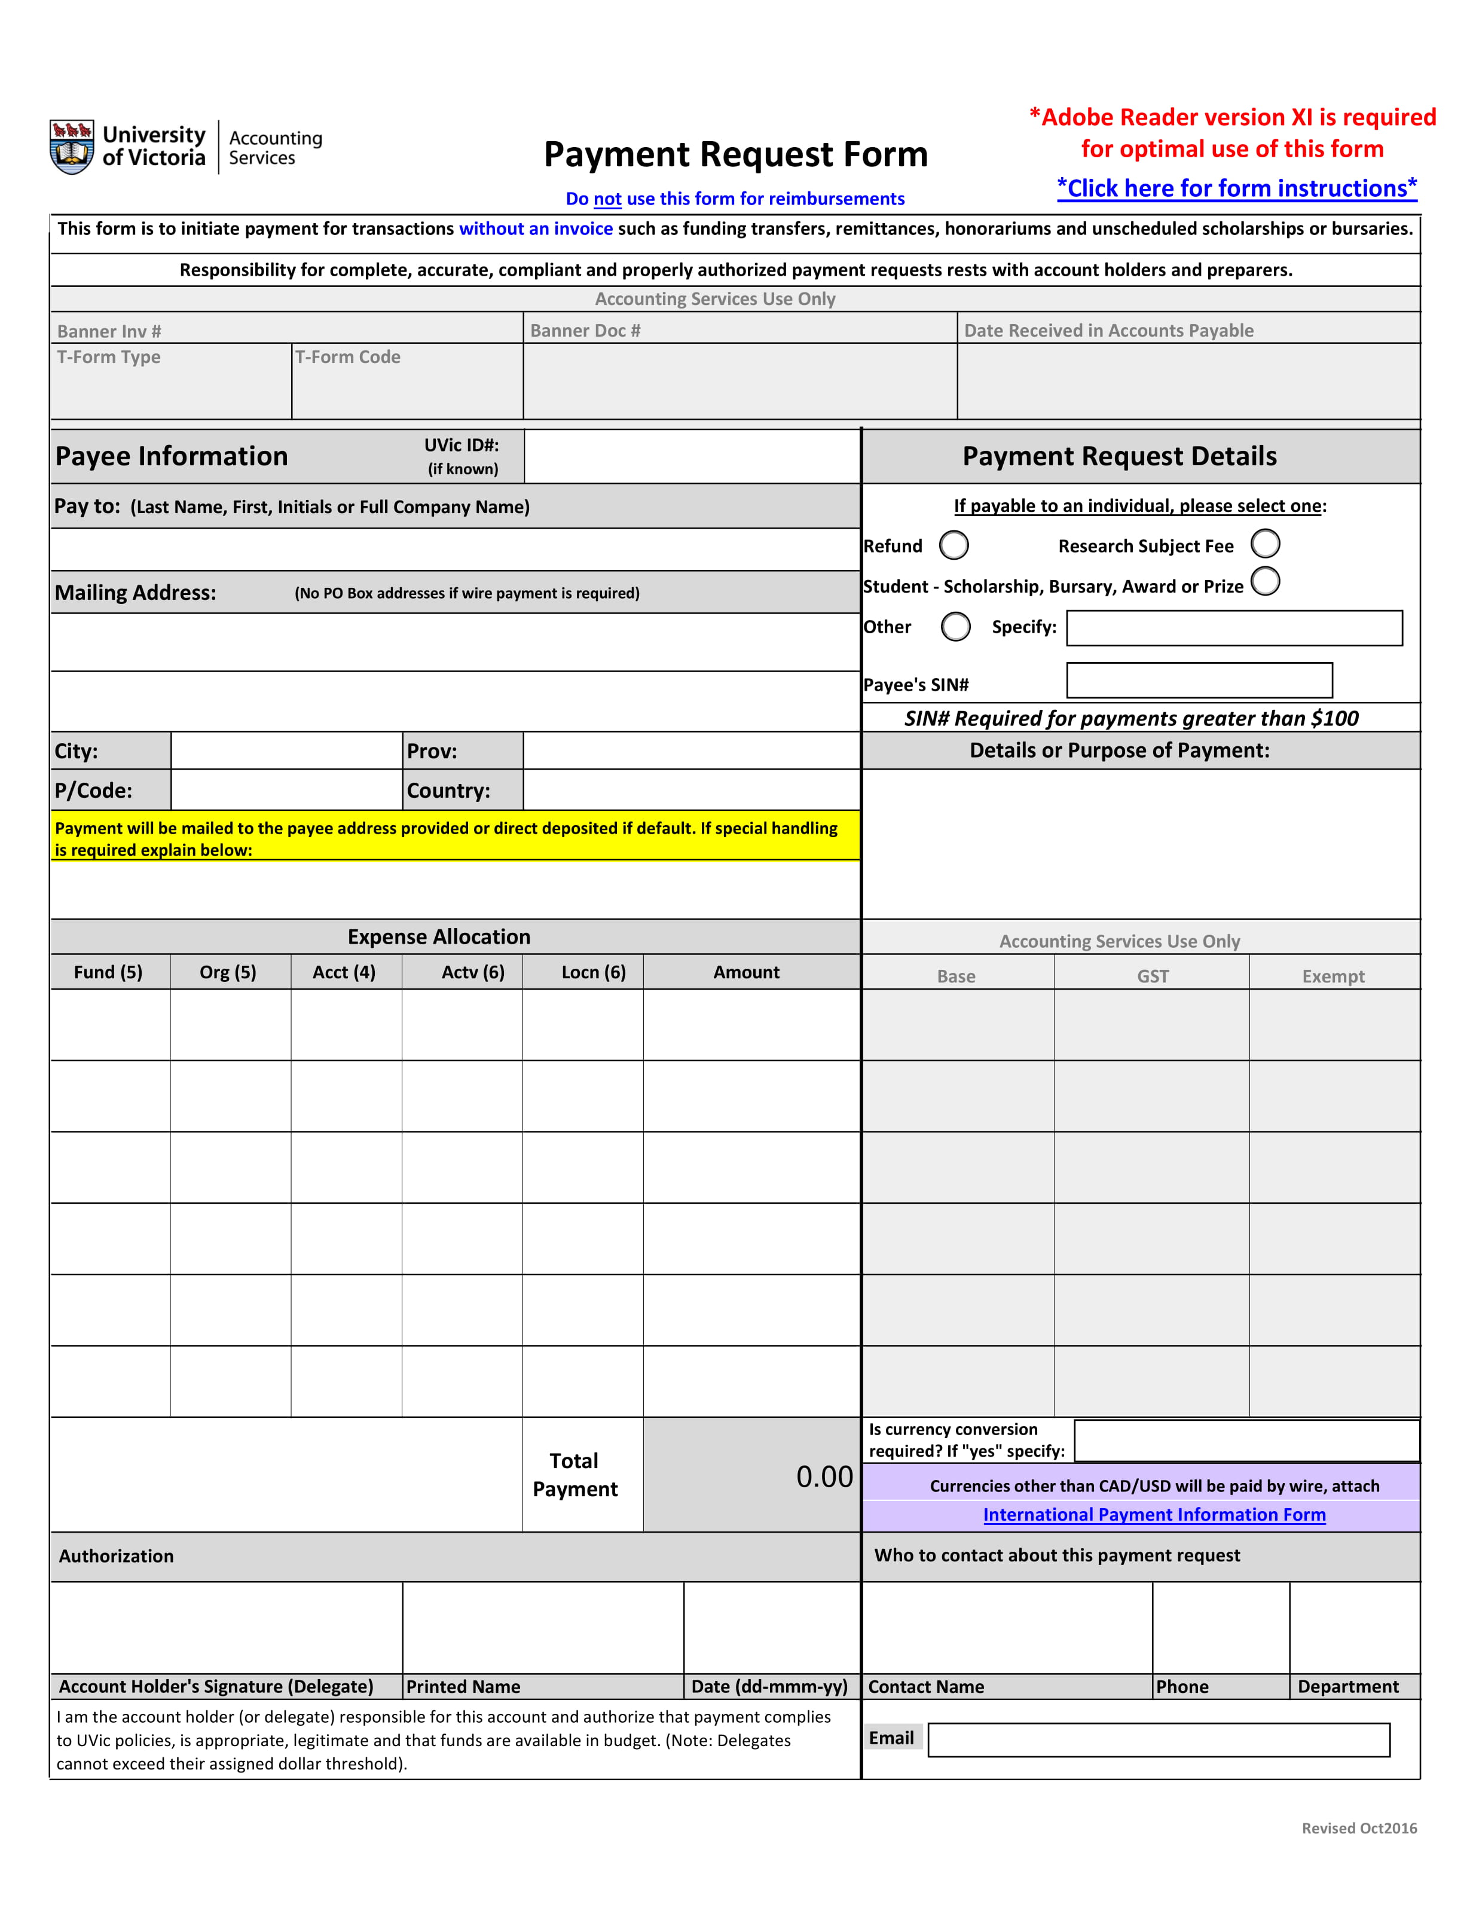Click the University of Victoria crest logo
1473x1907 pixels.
point(72,147)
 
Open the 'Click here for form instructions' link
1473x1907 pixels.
point(1236,188)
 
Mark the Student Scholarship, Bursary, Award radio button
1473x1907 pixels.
point(1265,581)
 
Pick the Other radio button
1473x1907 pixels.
point(955,626)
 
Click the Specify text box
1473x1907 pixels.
point(1234,628)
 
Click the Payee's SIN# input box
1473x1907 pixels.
point(1199,680)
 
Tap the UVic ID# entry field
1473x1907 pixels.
point(692,456)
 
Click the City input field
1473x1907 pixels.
point(286,751)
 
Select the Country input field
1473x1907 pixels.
point(692,790)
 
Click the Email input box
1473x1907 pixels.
point(1158,1740)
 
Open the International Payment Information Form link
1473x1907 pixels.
point(1153,1515)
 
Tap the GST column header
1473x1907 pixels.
point(1152,976)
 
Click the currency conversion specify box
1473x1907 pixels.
point(1246,1441)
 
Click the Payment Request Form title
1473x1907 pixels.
point(735,154)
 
